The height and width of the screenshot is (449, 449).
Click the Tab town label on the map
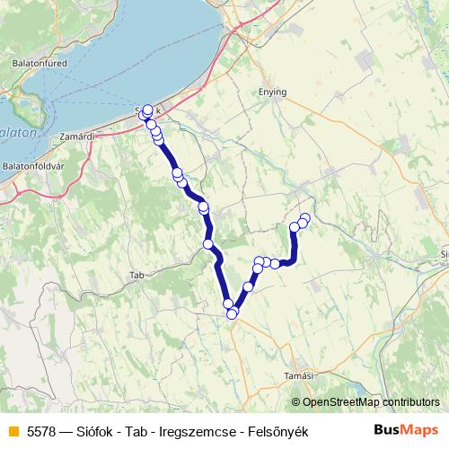click(x=136, y=275)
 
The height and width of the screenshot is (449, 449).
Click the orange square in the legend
click(x=12, y=432)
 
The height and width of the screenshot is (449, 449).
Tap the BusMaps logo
click(x=407, y=431)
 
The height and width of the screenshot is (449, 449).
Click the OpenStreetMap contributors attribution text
click(x=371, y=403)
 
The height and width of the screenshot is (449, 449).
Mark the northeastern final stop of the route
click(x=304, y=218)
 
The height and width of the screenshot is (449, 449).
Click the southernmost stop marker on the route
click(x=232, y=313)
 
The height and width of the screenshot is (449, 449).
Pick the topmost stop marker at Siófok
click(x=147, y=110)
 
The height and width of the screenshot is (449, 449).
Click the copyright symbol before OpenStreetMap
click(x=295, y=403)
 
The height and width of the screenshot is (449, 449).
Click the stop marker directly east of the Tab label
click(x=208, y=244)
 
